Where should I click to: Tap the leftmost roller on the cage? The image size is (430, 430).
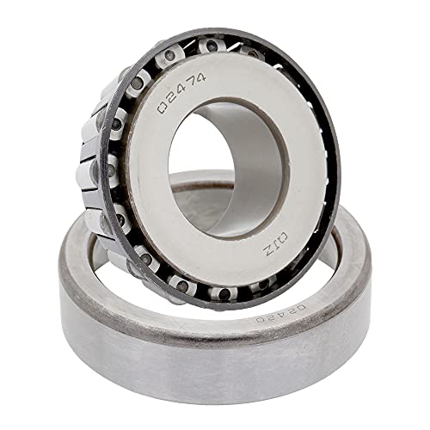tap(89, 172)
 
